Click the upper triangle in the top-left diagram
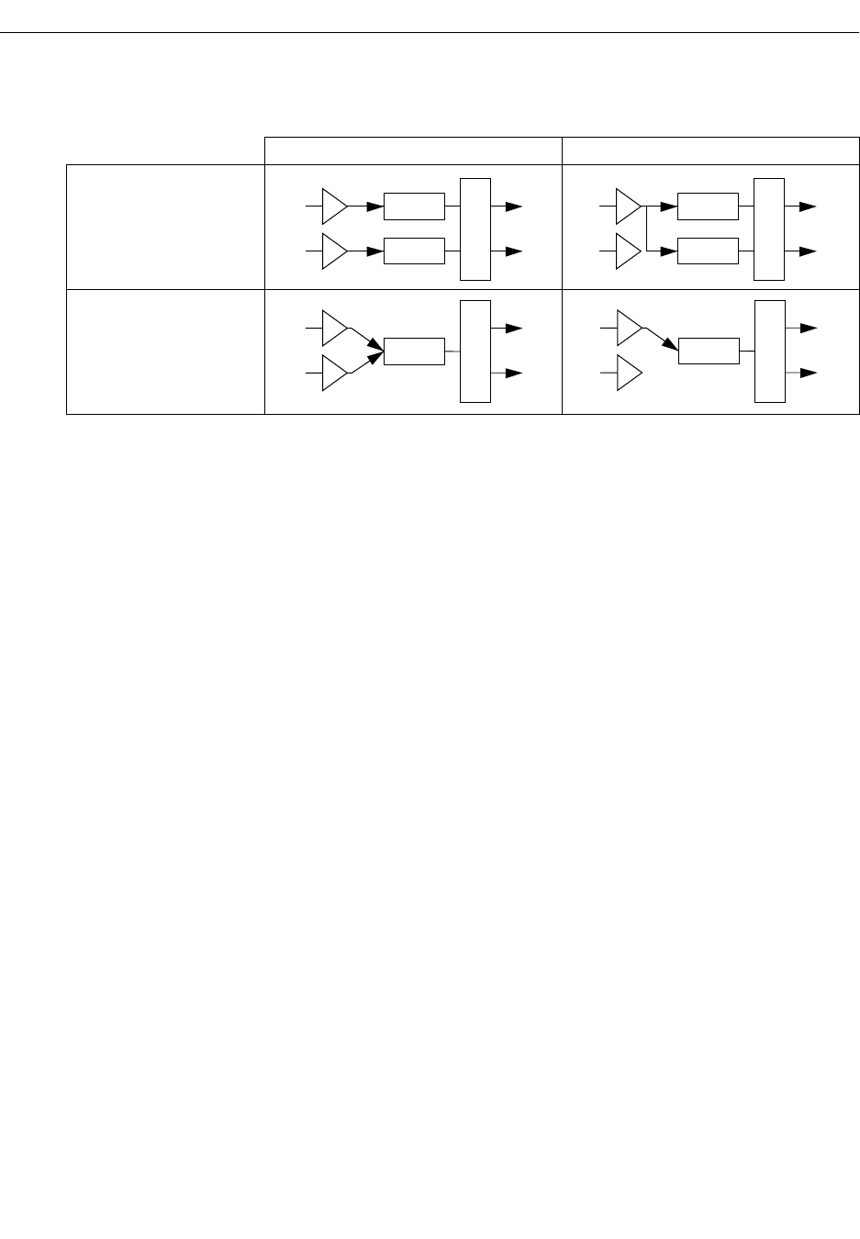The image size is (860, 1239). tap(333, 207)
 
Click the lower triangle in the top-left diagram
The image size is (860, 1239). tap(333, 251)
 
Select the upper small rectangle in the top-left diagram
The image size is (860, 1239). tap(414, 207)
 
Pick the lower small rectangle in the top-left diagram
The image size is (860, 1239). tap(414, 251)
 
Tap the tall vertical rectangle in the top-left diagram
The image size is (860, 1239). tap(475, 229)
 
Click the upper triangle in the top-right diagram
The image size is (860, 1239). tap(626, 207)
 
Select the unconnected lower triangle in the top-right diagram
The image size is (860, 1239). tap(626, 251)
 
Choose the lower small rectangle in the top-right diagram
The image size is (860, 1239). tap(708, 251)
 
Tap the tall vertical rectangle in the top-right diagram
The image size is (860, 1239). tap(769, 229)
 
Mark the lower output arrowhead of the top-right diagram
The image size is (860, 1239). tap(808, 251)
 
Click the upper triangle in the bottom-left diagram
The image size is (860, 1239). tap(333, 328)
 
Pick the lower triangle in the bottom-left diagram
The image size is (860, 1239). tap(333, 373)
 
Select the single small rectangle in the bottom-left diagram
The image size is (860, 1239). tap(414, 351)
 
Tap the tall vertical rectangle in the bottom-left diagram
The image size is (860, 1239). tap(475, 351)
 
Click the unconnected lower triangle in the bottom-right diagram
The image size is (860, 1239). tap(626, 373)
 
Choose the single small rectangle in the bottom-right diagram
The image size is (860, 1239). tap(709, 351)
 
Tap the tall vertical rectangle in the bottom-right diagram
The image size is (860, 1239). tap(770, 351)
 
